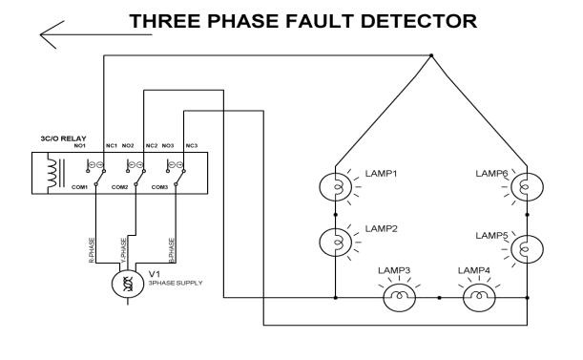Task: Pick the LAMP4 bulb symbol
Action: [x=474, y=297]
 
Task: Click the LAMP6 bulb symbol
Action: [x=524, y=187]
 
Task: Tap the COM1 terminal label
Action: [x=78, y=188]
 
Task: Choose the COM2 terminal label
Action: [x=119, y=188]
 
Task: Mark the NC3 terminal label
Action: [x=191, y=145]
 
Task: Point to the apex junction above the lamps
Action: [x=430, y=56]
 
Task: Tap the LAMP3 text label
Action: [x=394, y=271]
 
